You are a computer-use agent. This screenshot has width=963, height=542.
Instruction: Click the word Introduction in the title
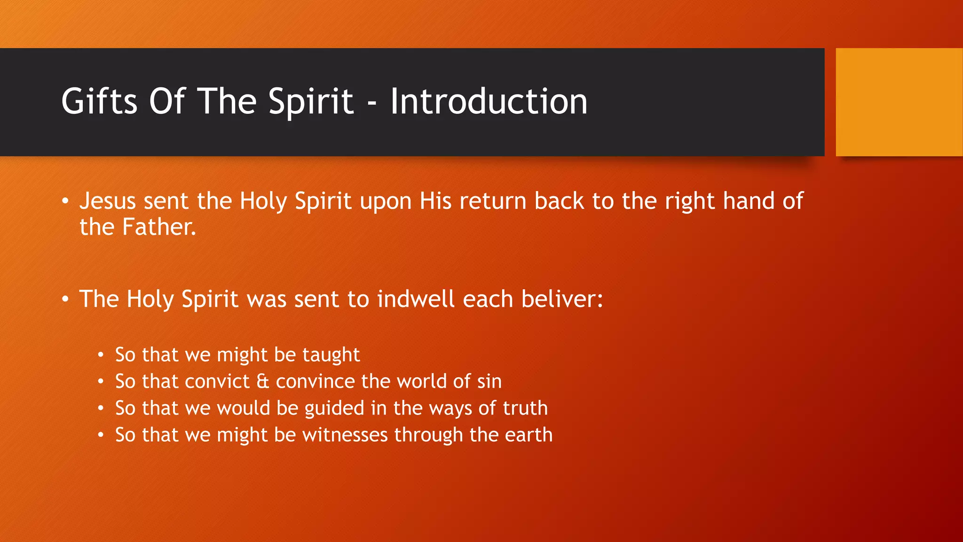click(x=489, y=101)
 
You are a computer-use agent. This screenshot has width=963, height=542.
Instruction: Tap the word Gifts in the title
click(x=99, y=101)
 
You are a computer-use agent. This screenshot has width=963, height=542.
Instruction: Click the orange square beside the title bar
click(x=899, y=102)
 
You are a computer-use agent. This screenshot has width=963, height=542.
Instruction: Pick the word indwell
click(x=416, y=299)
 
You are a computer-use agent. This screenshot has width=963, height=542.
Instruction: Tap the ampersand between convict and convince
click(x=263, y=382)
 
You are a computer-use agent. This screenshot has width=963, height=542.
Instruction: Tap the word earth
click(x=529, y=435)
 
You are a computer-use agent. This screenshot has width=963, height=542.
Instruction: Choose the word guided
click(x=334, y=408)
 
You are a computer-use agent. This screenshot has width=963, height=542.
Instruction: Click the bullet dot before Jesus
click(x=65, y=202)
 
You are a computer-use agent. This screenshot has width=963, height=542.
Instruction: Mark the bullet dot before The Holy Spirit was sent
click(x=65, y=300)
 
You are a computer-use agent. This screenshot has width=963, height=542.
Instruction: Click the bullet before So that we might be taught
click(x=101, y=355)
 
